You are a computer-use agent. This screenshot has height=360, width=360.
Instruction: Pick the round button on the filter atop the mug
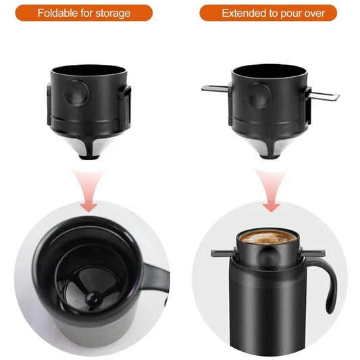(269, 257)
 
